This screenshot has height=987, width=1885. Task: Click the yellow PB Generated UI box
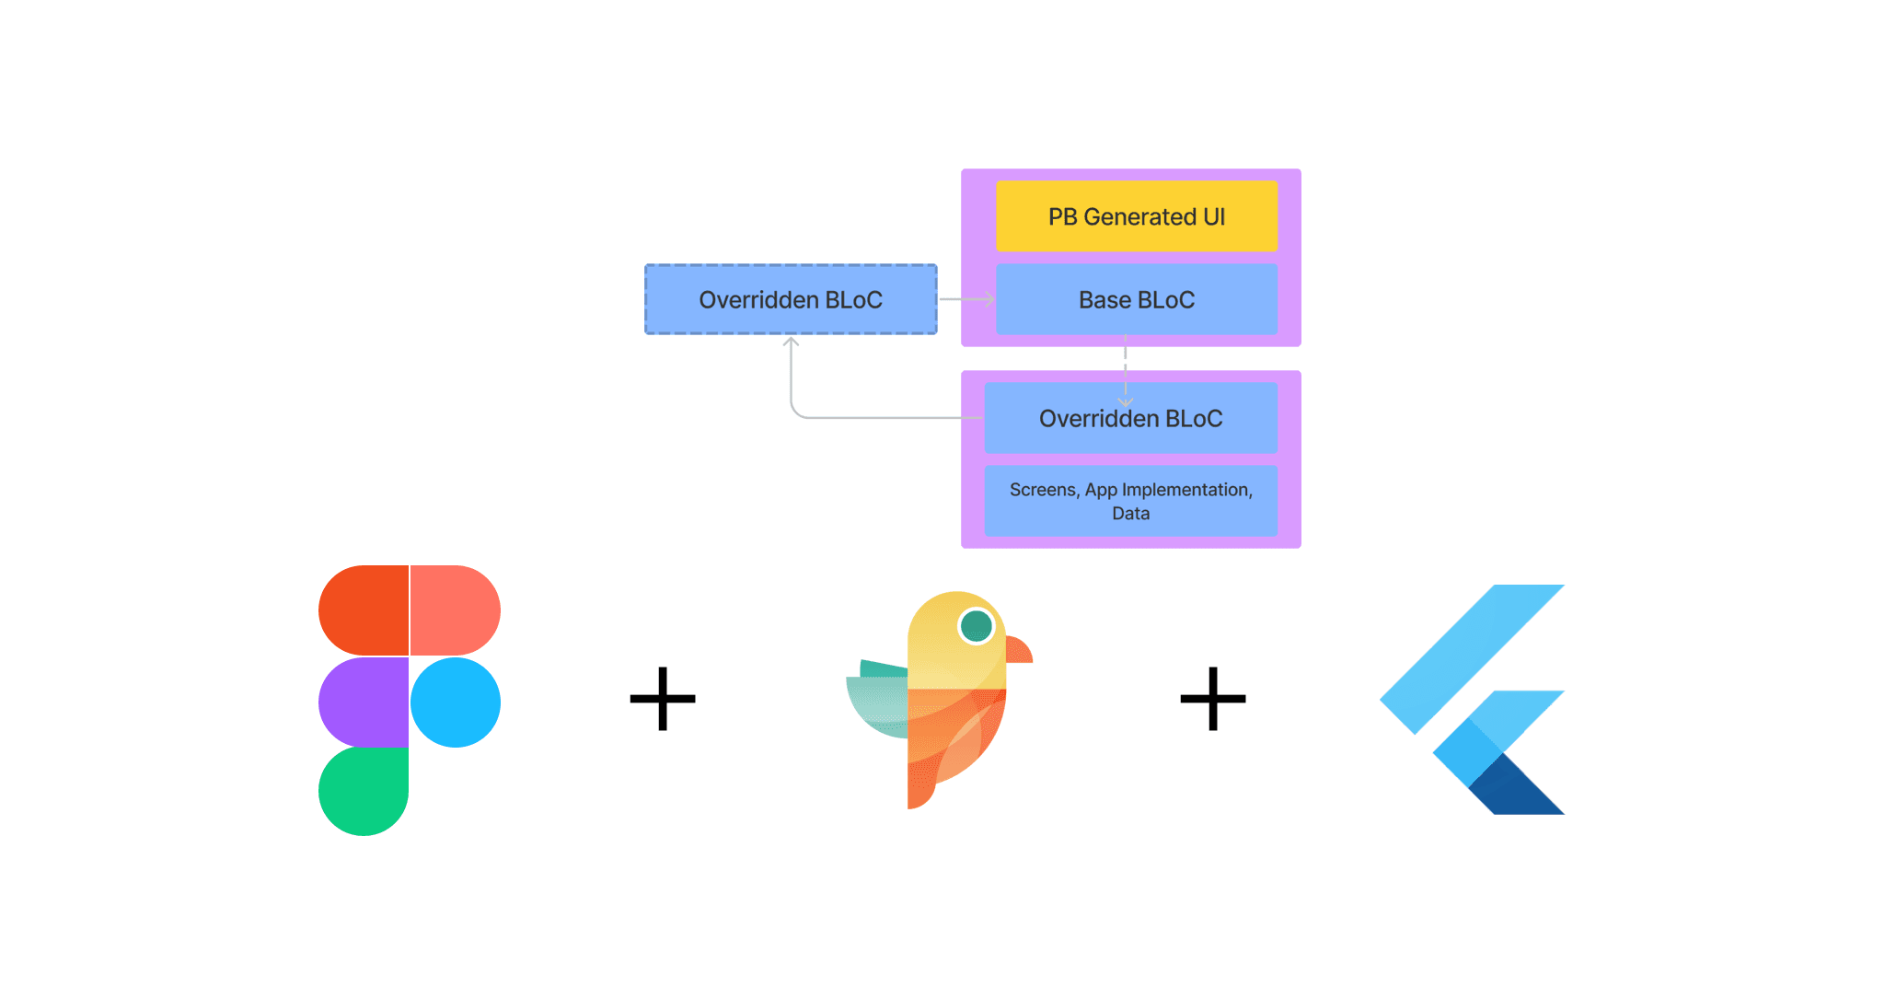pyautogui.click(x=1136, y=216)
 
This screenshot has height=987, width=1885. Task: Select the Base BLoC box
pyautogui.click(x=1136, y=299)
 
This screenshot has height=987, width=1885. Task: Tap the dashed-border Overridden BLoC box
pyautogui.click(x=791, y=299)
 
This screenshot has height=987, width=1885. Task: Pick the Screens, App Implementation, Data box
pyautogui.click(x=1130, y=501)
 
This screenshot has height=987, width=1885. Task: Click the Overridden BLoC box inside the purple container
pyautogui.click(x=1130, y=419)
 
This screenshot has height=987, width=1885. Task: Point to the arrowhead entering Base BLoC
pyautogui.click(x=989, y=299)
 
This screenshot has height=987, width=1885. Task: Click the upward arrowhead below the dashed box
pyautogui.click(x=791, y=343)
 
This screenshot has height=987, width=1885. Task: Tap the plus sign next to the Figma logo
pyautogui.click(x=663, y=699)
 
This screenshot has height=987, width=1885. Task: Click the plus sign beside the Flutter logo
pyautogui.click(x=1213, y=699)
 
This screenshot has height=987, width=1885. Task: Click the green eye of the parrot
pyautogui.click(x=976, y=626)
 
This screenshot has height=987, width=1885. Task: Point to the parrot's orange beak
pyautogui.click(x=1019, y=650)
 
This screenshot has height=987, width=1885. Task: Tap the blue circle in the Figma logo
pyautogui.click(x=456, y=702)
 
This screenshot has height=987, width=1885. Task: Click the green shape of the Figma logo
pyautogui.click(x=363, y=791)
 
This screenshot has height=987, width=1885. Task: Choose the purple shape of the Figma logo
pyautogui.click(x=363, y=702)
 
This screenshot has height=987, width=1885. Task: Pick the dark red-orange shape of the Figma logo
pyautogui.click(x=363, y=610)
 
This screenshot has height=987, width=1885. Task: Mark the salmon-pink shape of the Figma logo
pyautogui.click(x=455, y=610)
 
